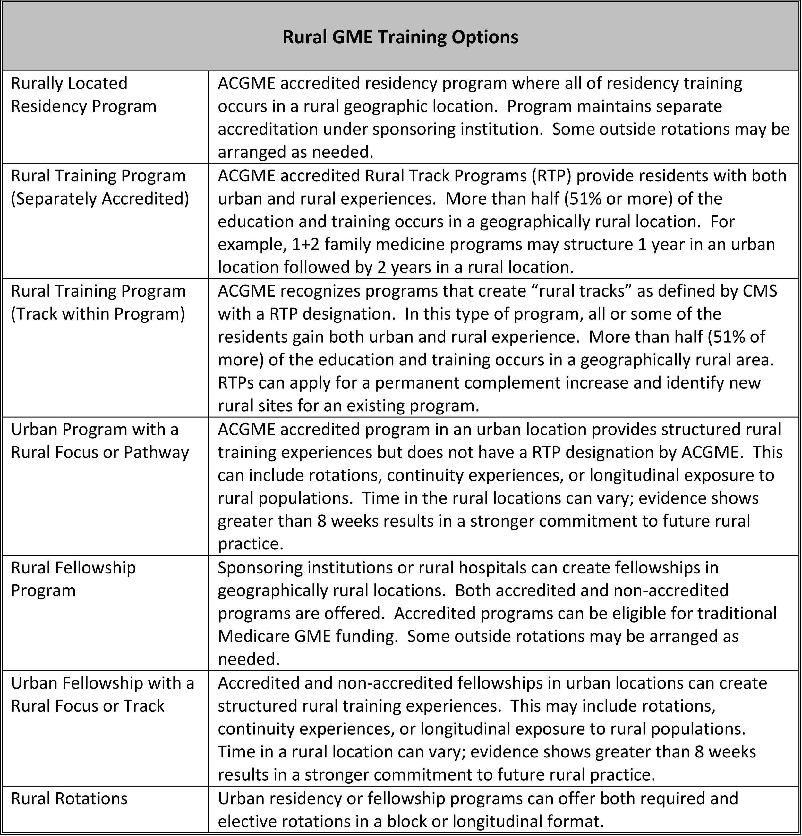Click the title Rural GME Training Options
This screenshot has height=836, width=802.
[400, 37]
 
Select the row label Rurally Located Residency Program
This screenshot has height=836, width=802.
[84, 95]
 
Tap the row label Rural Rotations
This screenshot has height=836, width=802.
[69, 798]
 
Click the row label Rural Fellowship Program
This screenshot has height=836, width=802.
[73, 579]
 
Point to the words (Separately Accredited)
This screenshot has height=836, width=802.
[100, 199]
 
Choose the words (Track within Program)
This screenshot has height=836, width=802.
[98, 314]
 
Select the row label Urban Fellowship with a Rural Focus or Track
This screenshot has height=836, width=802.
[102, 694]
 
